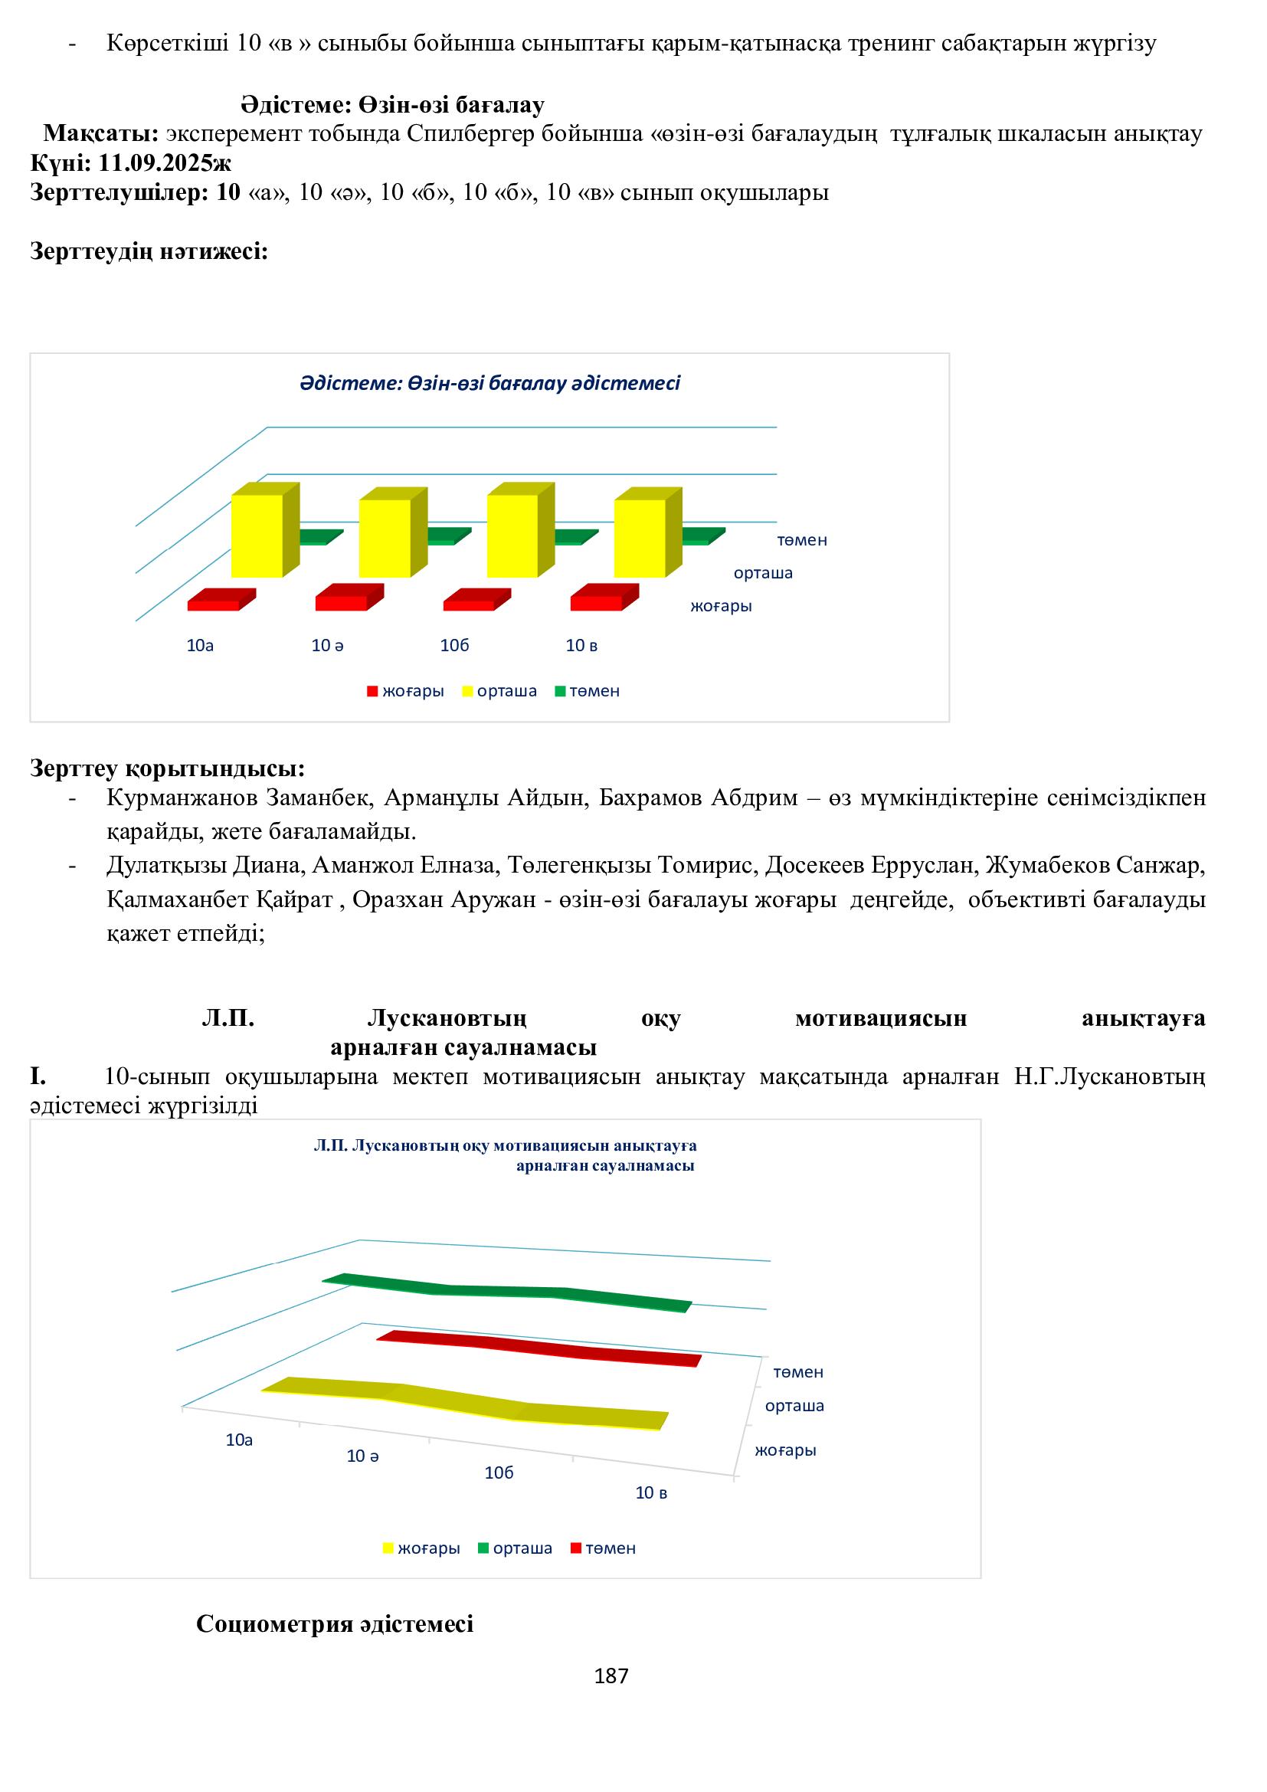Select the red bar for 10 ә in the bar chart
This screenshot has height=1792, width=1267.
pyautogui.click(x=341, y=602)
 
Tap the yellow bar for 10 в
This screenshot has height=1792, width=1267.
pyautogui.click(x=640, y=538)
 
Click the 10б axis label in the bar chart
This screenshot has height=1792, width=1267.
pyautogui.click(x=455, y=645)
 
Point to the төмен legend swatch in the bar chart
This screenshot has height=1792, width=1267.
pyautogui.click(x=559, y=692)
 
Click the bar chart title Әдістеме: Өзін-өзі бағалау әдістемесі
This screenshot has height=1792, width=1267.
pyautogui.click(x=490, y=383)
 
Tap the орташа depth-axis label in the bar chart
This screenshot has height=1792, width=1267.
pyautogui.click(x=763, y=573)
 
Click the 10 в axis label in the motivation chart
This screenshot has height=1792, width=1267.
pyautogui.click(x=650, y=1493)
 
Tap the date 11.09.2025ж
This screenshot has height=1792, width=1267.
pyautogui.click(x=165, y=163)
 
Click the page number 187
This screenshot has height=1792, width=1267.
pyautogui.click(x=611, y=1676)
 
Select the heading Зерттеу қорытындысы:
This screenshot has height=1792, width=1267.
pyautogui.click(x=167, y=768)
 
